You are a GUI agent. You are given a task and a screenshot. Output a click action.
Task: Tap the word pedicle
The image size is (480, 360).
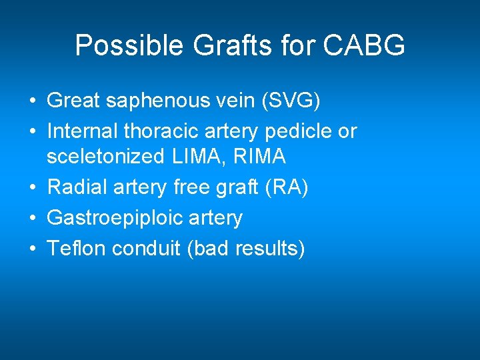pos(301,131)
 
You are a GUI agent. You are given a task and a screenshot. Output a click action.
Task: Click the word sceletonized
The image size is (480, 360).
pos(105,157)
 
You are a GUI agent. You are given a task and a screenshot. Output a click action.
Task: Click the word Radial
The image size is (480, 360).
pos(73,188)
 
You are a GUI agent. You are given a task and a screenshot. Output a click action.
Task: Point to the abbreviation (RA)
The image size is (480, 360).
pos(285,188)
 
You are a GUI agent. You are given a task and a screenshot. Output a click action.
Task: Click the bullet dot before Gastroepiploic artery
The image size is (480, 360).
pos(33,218)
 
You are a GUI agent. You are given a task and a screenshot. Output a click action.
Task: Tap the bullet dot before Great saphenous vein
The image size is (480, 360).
pos(33,101)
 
